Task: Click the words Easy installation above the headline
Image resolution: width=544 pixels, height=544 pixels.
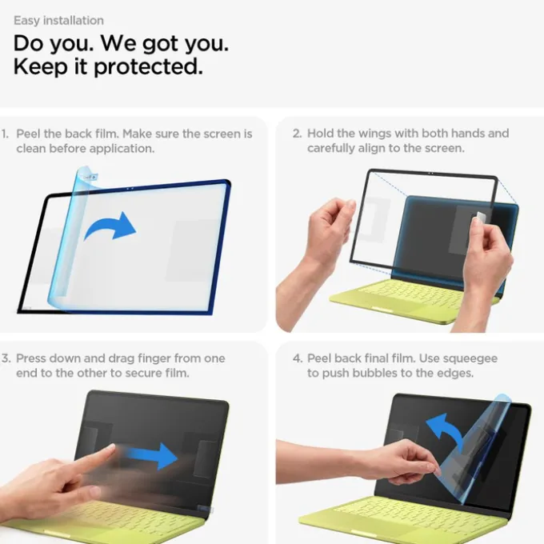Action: (58, 21)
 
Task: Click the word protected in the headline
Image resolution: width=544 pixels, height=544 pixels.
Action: (149, 66)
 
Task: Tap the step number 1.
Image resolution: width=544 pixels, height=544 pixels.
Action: (5, 134)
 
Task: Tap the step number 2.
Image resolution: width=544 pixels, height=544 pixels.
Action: (297, 134)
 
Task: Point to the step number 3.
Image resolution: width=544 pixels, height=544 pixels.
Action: (6, 358)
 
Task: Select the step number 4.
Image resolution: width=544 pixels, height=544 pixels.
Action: (298, 358)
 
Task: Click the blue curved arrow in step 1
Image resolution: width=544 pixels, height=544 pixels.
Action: (110, 226)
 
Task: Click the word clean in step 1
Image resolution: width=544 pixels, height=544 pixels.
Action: (31, 149)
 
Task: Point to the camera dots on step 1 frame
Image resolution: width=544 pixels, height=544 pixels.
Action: (130, 189)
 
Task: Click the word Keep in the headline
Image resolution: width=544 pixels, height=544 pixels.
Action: (40, 66)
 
